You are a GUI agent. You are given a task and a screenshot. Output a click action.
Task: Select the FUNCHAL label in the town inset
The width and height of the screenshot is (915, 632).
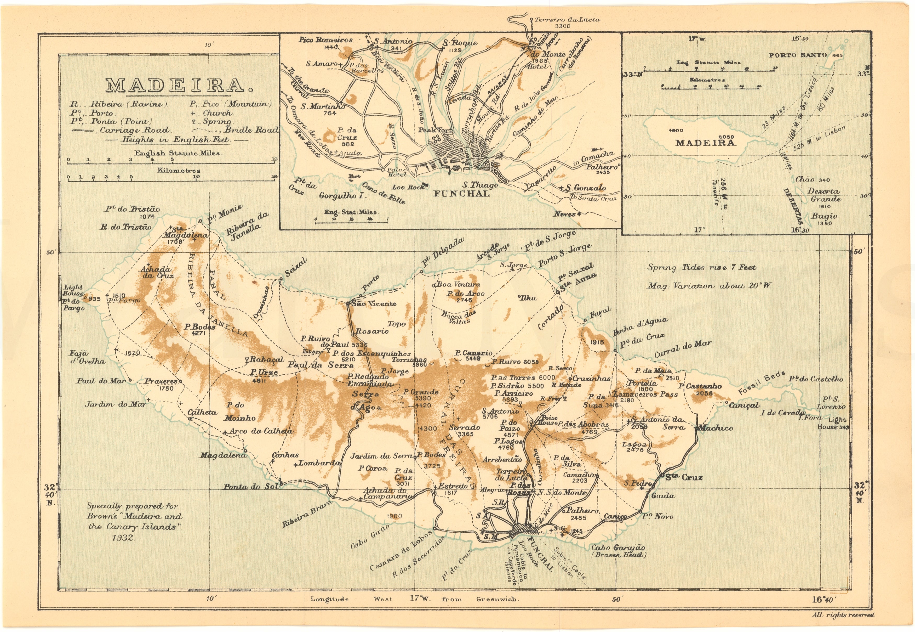coord(461,194)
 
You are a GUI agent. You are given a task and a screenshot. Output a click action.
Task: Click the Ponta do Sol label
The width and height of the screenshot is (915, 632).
coord(251,487)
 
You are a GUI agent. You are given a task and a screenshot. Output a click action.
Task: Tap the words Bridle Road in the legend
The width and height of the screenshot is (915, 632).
coord(252,130)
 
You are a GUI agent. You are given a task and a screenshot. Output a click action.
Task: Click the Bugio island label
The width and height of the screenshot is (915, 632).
coord(824,216)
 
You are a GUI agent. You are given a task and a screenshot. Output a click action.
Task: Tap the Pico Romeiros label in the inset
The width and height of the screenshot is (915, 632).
coord(325,40)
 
